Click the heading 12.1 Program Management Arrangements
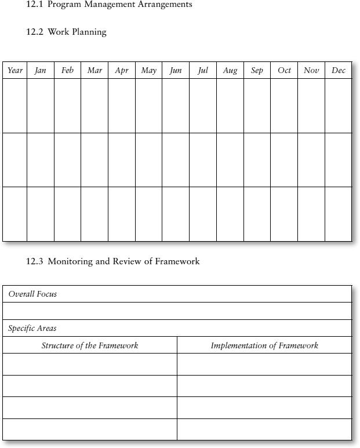(x=110, y=5)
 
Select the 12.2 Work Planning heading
(x=67, y=32)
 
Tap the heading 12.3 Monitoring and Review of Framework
(x=113, y=261)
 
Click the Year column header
(x=15, y=71)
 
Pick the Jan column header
(x=41, y=71)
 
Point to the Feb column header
(x=67, y=71)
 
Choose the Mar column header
(x=94, y=71)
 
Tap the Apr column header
(x=122, y=71)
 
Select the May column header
(x=148, y=71)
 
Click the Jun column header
(x=176, y=71)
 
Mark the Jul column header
(x=203, y=71)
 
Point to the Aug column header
(x=230, y=71)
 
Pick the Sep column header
(x=257, y=71)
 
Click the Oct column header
(x=284, y=71)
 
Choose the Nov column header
(x=311, y=71)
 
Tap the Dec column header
(x=339, y=71)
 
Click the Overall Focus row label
(x=32, y=294)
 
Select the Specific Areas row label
(x=32, y=328)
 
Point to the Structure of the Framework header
(x=90, y=345)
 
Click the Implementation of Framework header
(x=264, y=345)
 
